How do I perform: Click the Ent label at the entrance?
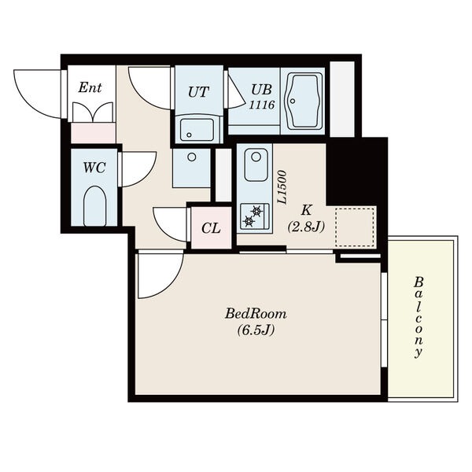[90, 87]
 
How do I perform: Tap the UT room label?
[198, 91]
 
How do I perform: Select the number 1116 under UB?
[262, 105]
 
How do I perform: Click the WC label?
[94, 168]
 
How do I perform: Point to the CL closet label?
[211, 228]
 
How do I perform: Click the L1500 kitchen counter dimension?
[282, 188]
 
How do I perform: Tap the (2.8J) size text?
[306, 227]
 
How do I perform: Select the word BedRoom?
[256, 314]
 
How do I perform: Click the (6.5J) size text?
[256, 330]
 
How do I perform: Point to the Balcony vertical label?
[419, 317]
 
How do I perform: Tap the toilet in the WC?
[94, 206]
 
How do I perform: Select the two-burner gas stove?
[255, 216]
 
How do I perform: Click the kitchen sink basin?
[256, 164]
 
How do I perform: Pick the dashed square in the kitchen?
[356, 227]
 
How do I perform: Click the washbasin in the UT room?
[197, 130]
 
